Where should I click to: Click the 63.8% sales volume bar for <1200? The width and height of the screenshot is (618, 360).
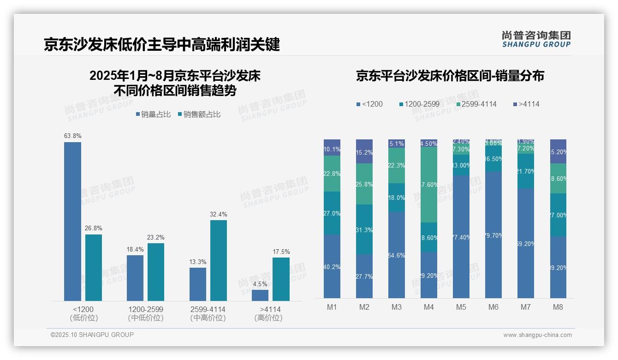pos(72,222)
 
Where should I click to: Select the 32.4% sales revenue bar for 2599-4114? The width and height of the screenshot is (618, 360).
pos(219,260)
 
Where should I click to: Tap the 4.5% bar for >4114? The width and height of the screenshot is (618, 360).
pos(260,295)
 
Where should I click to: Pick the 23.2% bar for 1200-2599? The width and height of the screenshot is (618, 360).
pos(156,272)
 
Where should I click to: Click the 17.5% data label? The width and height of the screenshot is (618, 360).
pos(281,252)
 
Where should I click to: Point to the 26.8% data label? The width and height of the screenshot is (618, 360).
pos(94,228)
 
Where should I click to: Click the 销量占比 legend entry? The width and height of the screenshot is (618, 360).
pos(154,114)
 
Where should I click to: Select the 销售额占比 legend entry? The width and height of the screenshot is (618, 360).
pos(199,114)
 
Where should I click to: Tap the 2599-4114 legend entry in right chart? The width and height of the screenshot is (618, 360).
pos(476,104)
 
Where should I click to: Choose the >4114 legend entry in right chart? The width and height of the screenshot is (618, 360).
pos(526,104)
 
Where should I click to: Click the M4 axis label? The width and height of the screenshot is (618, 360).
pos(429,307)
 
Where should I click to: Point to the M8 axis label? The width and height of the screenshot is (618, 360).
pos(558,307)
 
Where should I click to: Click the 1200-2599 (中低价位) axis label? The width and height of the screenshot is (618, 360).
pos(146,313)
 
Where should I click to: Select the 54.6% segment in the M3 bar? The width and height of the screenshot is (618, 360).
pos(397,255)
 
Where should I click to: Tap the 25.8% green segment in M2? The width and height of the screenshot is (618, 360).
pos(364,184)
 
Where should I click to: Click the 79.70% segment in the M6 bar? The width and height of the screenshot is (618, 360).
pos(493,234)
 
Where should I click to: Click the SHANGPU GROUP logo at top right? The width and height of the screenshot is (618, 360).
pos(536,39)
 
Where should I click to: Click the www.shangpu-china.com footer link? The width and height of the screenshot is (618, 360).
pos(537,335)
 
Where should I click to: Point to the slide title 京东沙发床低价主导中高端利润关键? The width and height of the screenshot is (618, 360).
pos(162,45)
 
